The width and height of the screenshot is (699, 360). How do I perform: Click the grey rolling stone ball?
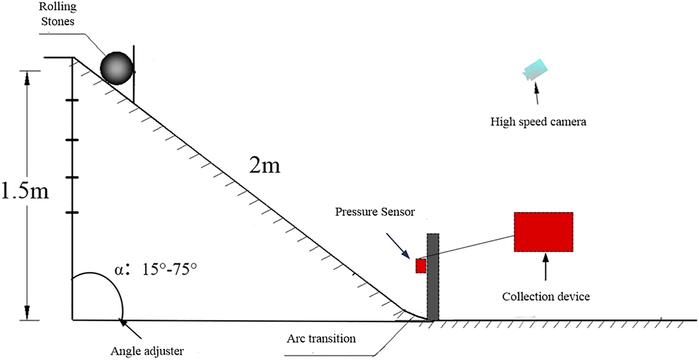(x=117, y=67)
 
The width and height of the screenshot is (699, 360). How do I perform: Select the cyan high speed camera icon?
(x=534, y=70)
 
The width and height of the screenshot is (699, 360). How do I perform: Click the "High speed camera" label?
(x=538, y=121)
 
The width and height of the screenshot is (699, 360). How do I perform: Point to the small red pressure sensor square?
(x=421, y=266)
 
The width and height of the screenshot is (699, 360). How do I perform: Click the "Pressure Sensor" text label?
(x=376, y=212)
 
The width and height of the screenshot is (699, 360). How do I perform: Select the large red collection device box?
(x=543, y=232)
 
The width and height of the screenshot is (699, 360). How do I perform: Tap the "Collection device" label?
(x=546, y=296)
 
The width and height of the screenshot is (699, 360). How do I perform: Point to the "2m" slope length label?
(x=264, y=165)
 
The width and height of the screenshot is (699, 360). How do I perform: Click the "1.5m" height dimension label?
(x=25, y=192)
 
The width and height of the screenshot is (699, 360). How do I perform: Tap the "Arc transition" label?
(x=321, y=338)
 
